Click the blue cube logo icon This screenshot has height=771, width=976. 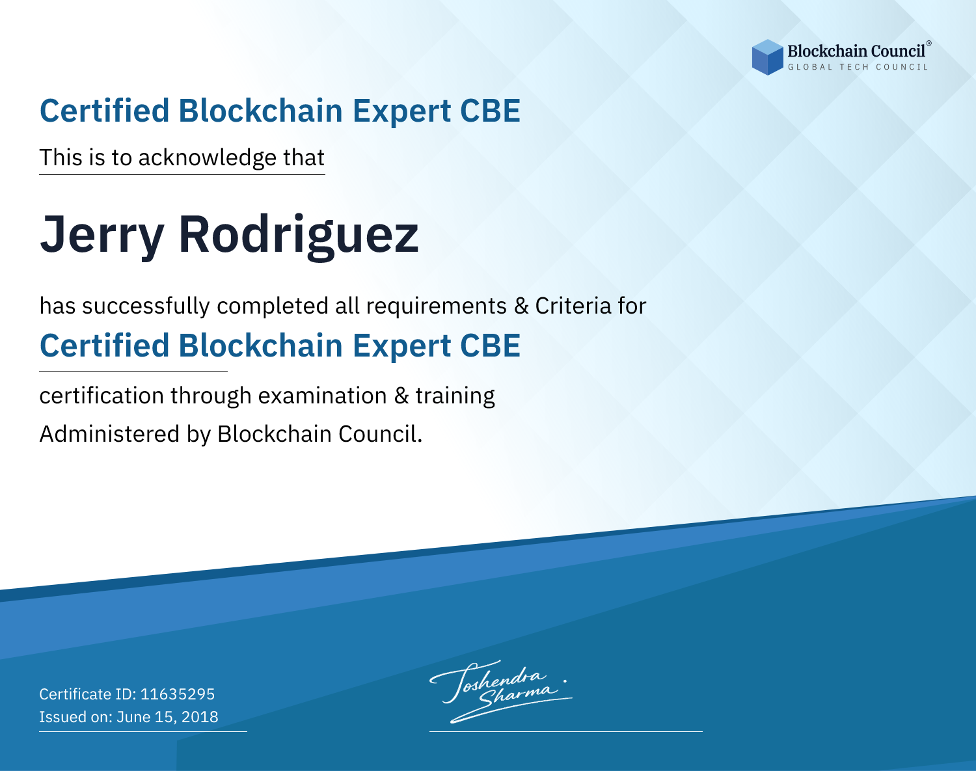pyautogui.click(x=767, y=57)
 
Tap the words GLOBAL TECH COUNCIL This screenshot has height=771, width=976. pyautogui.click(x=858, y=67)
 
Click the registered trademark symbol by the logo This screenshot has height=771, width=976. pyautogui.click(x=929, y=44)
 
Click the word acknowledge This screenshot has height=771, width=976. pyautogui.click(x=208, y=158)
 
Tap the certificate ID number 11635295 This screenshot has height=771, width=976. pyautogui.click(x=178, y=694)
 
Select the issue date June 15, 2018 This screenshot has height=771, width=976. pyautogui.click(x=167, y=717)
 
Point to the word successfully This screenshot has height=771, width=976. pyautogui.click(x=146, y=306)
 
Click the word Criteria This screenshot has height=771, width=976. pyautogui.click(x=573, y=306)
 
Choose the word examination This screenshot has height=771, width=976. pyautogui.click(x=323, y=396)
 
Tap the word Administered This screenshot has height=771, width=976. pyautogui.click(x=110, y=434)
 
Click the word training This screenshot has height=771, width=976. pyautogui.click(x=455, y=396)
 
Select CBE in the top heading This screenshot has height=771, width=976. pyautogui.click(x=490, y=111)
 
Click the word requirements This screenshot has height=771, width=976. pyautogui.click(x=437, y=306)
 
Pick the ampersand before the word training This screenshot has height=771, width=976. pyautogui.click(x=401, y=396)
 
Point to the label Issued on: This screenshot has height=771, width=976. pyautogui.click(x=75, y=717)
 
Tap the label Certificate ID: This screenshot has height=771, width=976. pyautogui.click(x=88, y=694)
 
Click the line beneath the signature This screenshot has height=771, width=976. pyautogui.click(x=566, y=731)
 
